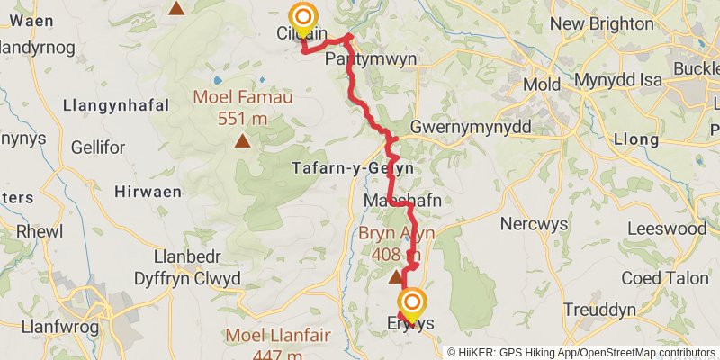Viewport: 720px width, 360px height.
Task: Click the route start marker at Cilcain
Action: [303, 18]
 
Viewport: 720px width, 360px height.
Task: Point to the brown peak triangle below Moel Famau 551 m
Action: [242, 141]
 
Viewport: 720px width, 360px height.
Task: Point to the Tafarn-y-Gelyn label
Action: [352, 168]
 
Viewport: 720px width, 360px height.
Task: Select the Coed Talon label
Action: [665, 278]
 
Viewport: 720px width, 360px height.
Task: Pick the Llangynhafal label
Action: [116, 106]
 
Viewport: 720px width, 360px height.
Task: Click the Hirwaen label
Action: [148, 192]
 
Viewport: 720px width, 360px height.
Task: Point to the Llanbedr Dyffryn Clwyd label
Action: [187, 268]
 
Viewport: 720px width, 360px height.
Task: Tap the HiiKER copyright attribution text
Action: [581, 353]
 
